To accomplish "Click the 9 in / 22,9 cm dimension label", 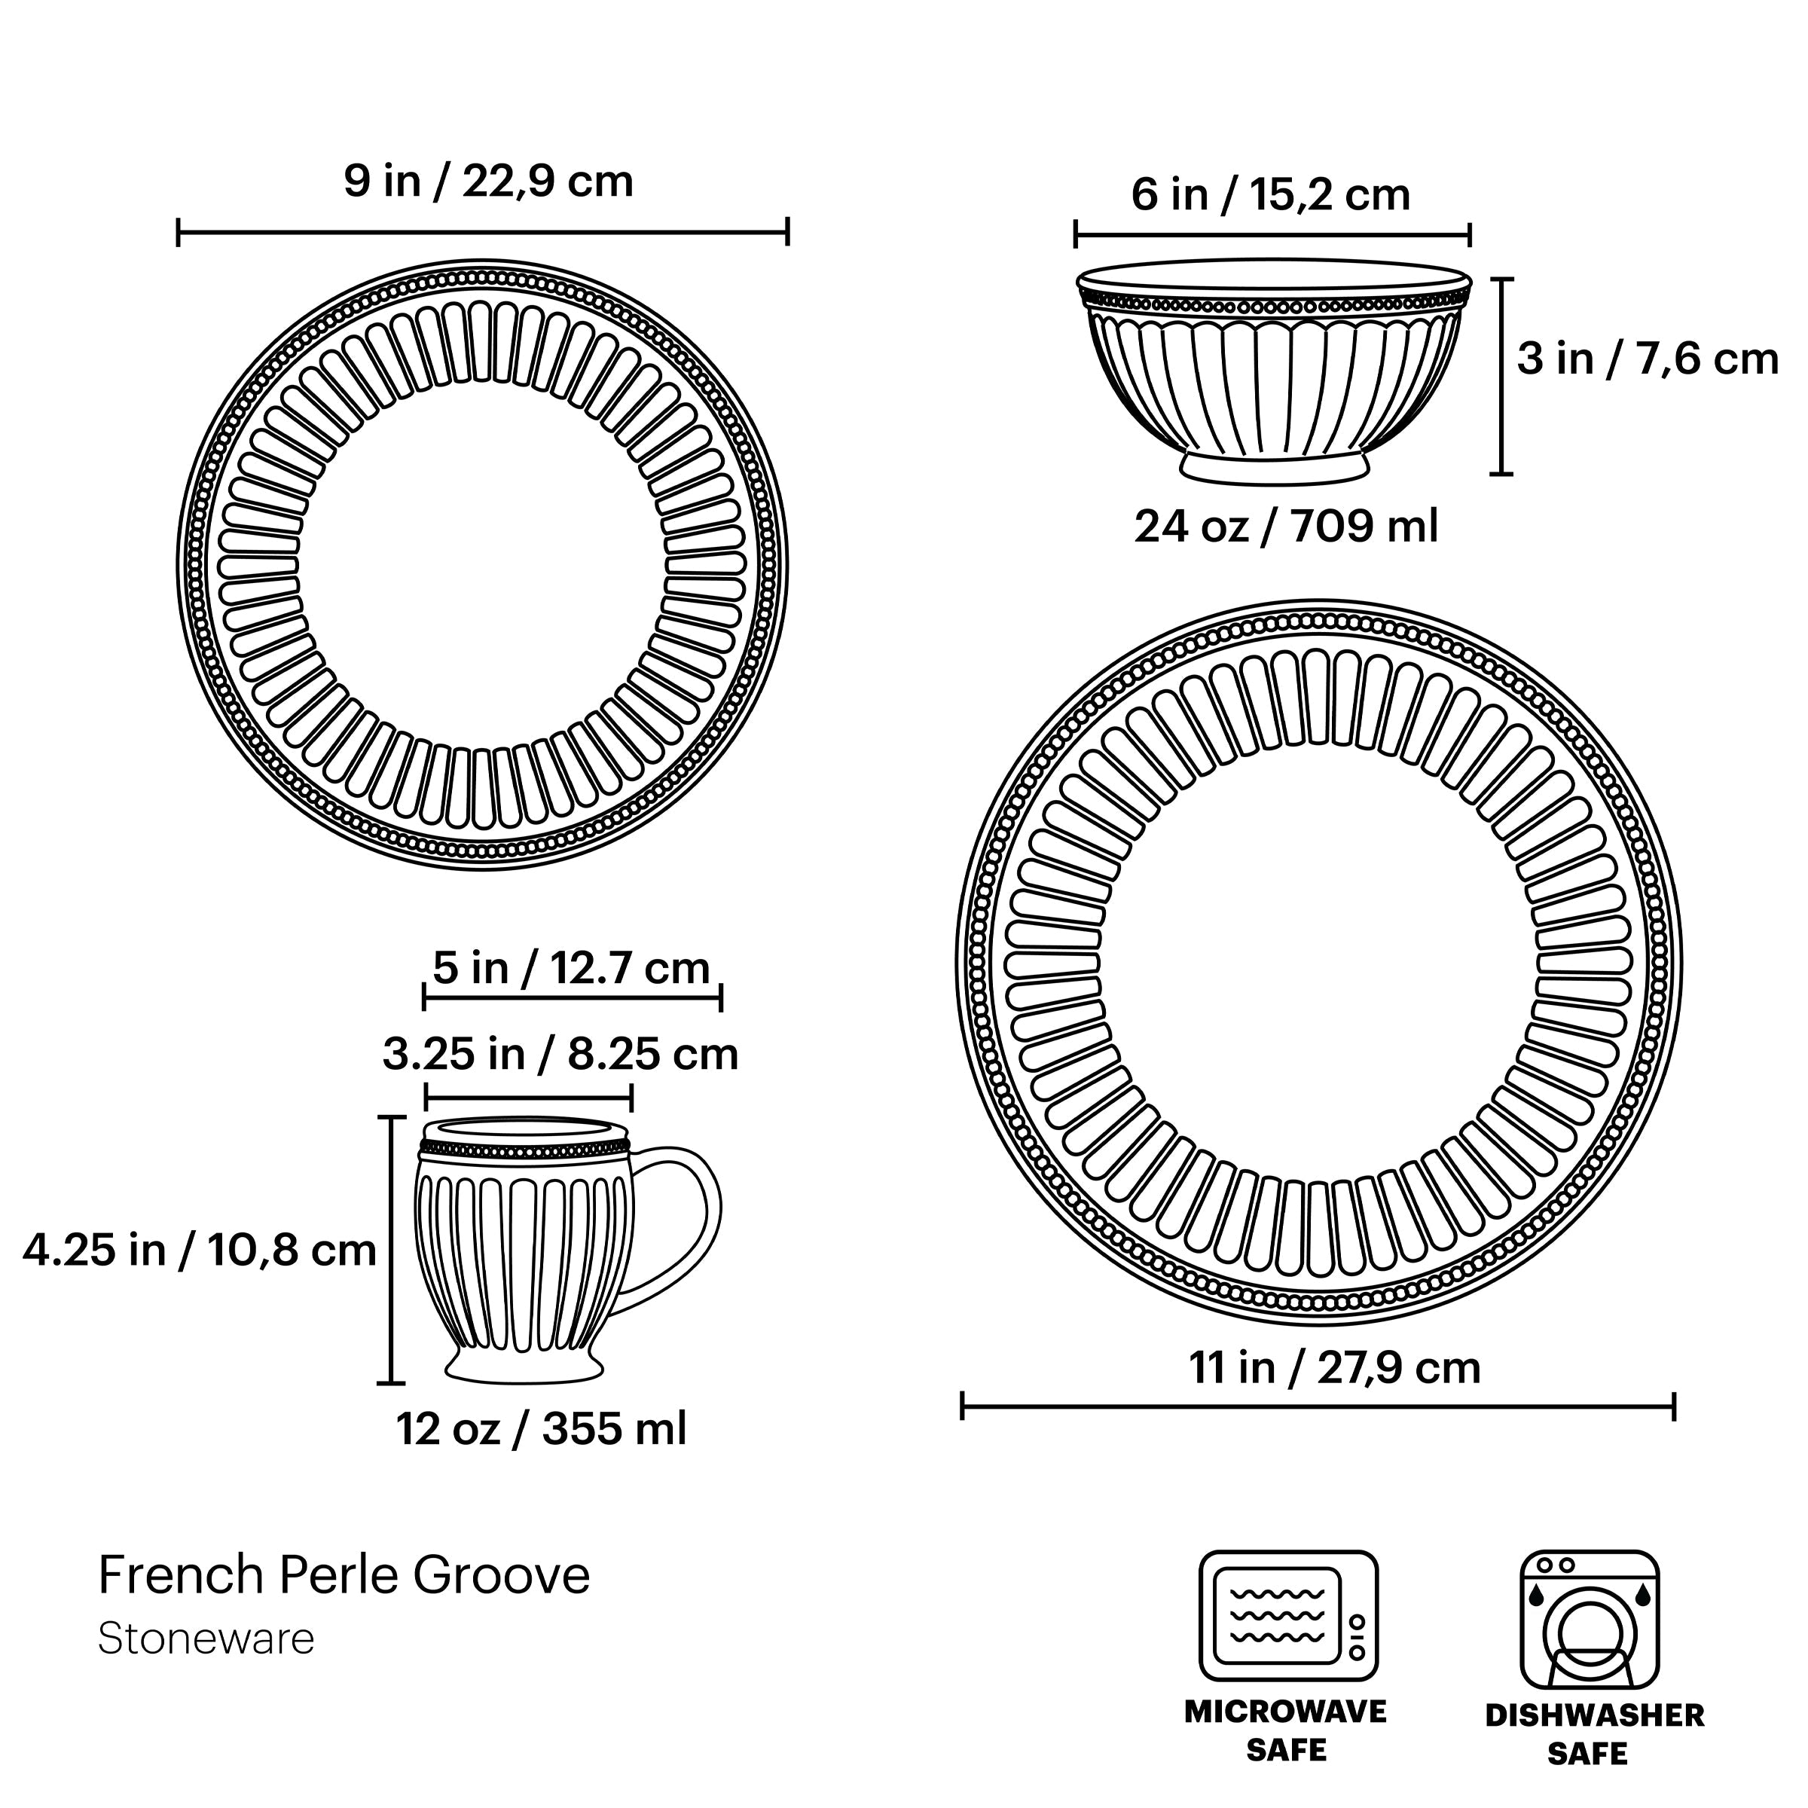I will coord(487,181).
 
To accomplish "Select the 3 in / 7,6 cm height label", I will coord(1646,359).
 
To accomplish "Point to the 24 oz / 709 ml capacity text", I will coord(1285,526).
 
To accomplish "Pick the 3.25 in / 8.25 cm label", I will coord(560,1054).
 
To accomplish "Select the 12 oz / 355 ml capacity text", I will coord(540,1429).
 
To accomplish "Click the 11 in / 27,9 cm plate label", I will coord(1334,1367).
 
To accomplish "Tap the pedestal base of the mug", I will coord(523,1368).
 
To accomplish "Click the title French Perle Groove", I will coord(344,1574).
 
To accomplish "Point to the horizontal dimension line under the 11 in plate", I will coord(1317,1406).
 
